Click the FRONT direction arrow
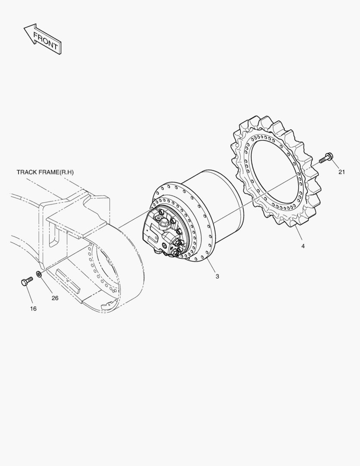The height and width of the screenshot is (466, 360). point(42,39)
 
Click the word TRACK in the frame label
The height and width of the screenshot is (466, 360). point(26,172)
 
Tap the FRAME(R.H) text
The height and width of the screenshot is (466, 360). point(56,172)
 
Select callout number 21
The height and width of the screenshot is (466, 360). point(342,172)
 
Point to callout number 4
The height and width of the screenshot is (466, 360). point(303,246)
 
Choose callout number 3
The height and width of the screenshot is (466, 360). point(217,277)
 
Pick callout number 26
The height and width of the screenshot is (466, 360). point(55,298)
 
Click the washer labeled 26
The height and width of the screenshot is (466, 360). point(39,274)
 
